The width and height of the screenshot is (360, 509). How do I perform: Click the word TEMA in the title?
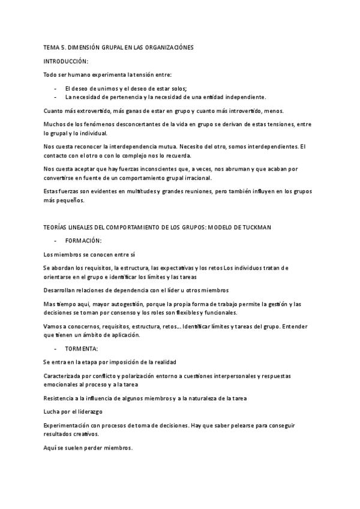point(51,47)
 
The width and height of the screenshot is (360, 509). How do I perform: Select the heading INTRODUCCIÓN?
point(66,62)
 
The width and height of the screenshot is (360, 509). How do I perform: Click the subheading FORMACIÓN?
point(83,240)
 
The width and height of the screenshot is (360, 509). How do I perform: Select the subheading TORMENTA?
point(82,348)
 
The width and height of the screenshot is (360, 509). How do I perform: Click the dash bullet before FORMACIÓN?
point(55,240)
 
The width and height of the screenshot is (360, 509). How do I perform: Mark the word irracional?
point(203,178)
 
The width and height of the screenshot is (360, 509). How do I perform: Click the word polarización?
point(138,376)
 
